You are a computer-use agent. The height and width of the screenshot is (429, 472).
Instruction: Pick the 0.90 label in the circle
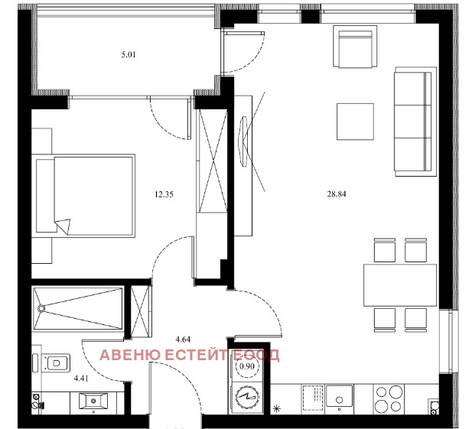pyautogui.click(x=247, y=366)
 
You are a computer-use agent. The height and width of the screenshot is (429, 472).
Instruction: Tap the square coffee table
pyautogui.click(x=354, y=121)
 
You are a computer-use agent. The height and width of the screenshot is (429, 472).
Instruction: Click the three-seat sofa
pyautogui.click(x=412, y=121)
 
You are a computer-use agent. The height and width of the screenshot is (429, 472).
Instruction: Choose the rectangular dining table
pyautogui.click(x=399, y=284)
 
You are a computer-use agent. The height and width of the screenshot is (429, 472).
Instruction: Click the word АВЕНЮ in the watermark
pyautogui.click(x=131, y=355)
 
